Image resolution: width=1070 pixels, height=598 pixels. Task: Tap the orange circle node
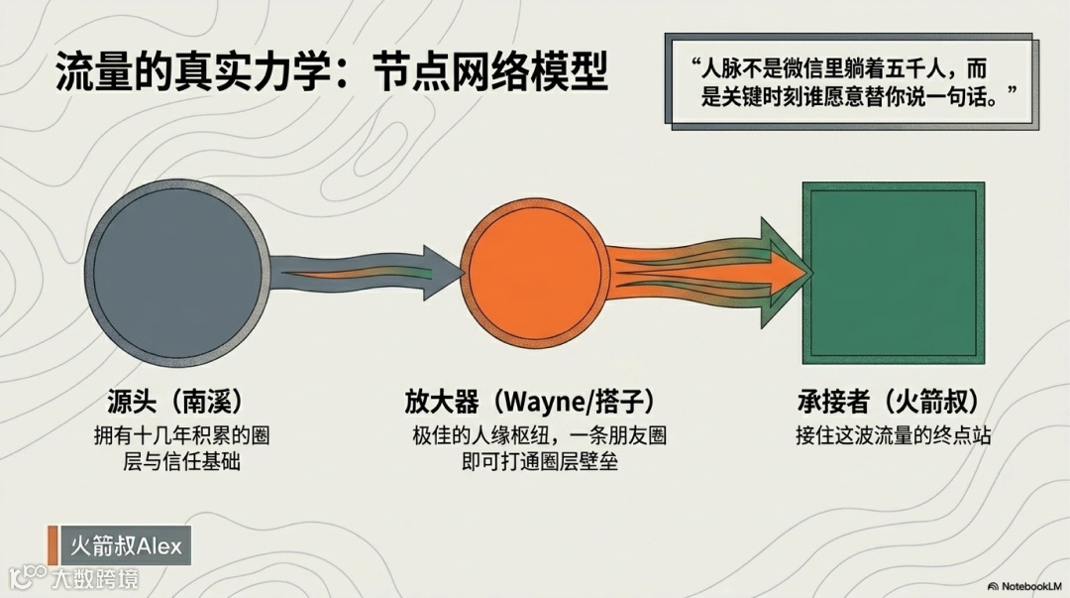[532, 268]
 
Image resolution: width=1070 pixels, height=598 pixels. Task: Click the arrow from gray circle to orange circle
[367, 268]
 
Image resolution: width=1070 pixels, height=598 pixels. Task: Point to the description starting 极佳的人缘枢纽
[531, 448]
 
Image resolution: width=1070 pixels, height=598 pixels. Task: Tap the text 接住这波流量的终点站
[893, 436]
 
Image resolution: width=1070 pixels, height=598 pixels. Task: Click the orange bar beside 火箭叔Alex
[53, 545]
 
